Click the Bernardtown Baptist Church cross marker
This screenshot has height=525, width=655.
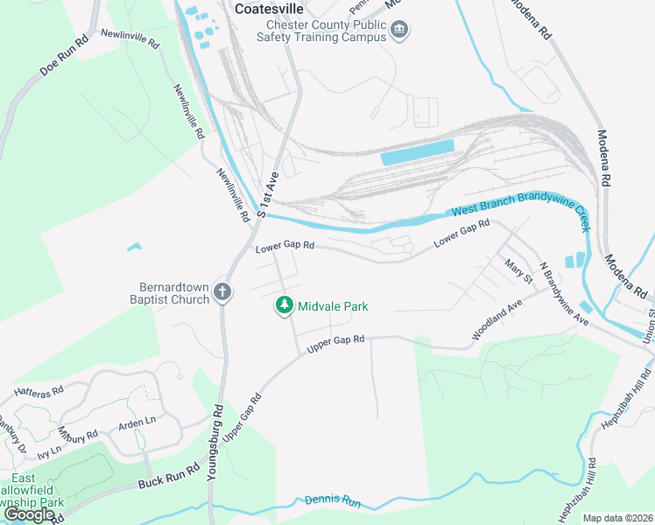pyautogui.click(x=223, y=293)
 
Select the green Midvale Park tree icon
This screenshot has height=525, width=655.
pyautogui.click(x=284, y=305)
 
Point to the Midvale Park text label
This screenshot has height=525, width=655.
pyautogui.click(x=333, y=306)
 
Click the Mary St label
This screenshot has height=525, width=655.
pyautogui.click(x=517, y=270)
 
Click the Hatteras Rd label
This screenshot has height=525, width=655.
pyautogui.click(x=39, y=389)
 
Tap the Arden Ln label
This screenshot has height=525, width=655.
pyautogui.click(x=137, y=421)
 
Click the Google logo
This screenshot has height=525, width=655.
pyautogui.click(x=29, y=514)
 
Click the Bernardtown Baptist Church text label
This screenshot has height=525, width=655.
pyautogui.click(x=175, y=293)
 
